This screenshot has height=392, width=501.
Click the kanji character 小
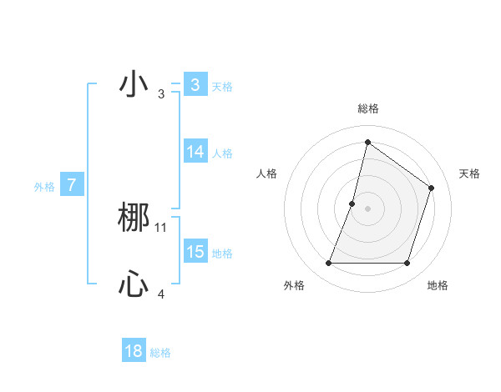133,85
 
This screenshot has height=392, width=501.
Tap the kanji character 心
134,285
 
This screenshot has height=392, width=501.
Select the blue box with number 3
195,85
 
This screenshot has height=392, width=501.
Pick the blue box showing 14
195,152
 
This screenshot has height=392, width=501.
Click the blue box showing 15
195,252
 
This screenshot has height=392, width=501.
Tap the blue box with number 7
72,185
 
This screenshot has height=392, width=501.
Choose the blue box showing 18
134,351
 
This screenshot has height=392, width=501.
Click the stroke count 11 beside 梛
161,227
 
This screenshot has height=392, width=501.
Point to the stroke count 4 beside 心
161,294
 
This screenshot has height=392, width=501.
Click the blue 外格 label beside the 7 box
44,187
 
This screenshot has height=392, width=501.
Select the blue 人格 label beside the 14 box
222,153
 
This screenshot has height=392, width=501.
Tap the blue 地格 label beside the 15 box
222,254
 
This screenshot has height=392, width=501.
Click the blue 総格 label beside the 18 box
160,353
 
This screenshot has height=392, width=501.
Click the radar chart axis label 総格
367,108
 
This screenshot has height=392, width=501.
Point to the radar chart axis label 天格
469,173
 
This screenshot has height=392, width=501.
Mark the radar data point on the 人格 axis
352,203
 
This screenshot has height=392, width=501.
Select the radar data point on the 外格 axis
328,264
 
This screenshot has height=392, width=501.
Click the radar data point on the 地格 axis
407,264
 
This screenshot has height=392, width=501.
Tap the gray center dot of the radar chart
367,208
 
